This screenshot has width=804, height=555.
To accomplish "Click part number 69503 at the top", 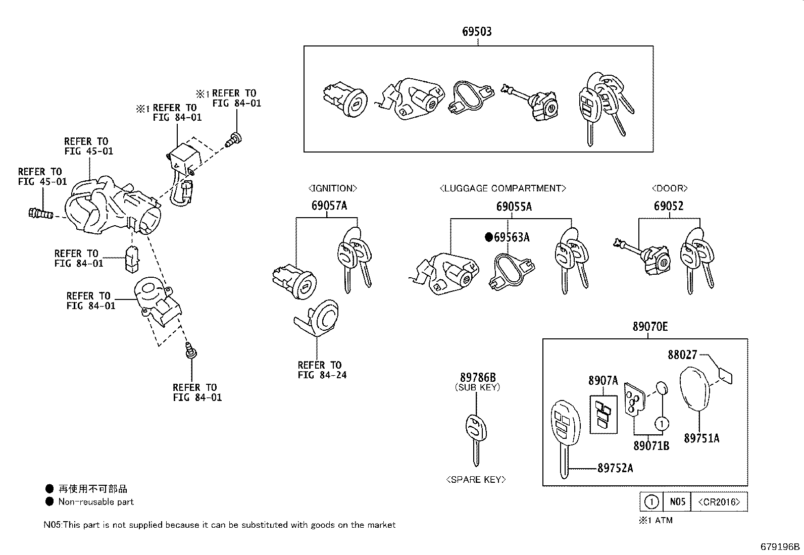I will pyautogui.click(x=477, y=31).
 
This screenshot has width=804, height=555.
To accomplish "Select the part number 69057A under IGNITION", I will pyautogui.click(x=329, y=206).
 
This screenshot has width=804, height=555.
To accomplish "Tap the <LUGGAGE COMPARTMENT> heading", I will pyautogui.click(x=502, y=188).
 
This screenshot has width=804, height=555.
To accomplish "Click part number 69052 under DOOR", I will pyautogui.click(x=669, y=206).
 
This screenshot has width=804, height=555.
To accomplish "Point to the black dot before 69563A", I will pyautogui.click(x=488, y=237).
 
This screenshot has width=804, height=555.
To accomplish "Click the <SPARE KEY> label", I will pyautogui.click(x=476, y=479).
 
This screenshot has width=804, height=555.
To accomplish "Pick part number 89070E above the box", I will pyautogui.click(x=650, y=327).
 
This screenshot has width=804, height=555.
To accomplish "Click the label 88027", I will pyautogui.click(x=682, y=355).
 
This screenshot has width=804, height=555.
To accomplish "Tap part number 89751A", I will pyautogui.click(x=701, y=438).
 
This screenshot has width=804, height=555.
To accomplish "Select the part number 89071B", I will pyautogui.click(x=651, y=446).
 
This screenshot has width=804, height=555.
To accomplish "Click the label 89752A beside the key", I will pyautogui.click(x=615, y=468).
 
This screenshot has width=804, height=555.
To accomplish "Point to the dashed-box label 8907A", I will pyautogui.click(x=602, y=381).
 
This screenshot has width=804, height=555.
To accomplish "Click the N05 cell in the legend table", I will pyautogui.click(x=677, y=502).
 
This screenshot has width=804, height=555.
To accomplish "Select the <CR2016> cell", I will pyautogui.click(x=719, y=502).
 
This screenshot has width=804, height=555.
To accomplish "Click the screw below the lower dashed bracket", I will pyautogui.click(x=190, y=350).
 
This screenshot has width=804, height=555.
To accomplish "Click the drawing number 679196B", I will pyautogui.click(x=780, y=546).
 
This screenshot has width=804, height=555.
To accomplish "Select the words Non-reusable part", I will pyautogui.click(x=96, y=502).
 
